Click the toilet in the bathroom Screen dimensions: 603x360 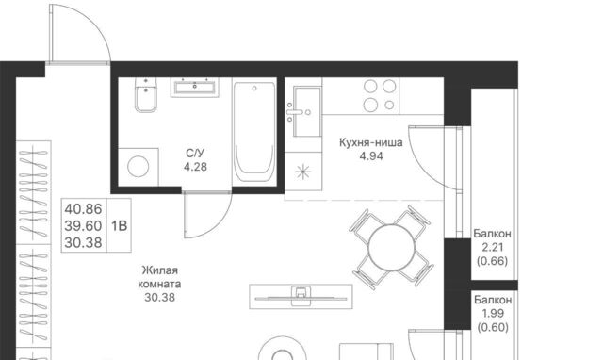[146, 94]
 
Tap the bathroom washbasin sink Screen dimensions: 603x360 [195, 87]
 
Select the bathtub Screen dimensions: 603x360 [254, 132]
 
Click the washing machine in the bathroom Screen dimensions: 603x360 [139, 167]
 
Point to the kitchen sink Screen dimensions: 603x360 [307, 111]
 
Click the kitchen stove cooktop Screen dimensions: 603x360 [380, 96]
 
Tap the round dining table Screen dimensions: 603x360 [392, 248]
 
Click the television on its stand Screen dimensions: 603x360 [301, 297]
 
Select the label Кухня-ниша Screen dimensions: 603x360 [371, 142]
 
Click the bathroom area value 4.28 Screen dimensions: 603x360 [195, 167]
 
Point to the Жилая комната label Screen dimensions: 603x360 [159, 277]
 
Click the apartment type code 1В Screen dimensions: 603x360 [120, 226]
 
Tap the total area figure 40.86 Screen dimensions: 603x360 [83, 209]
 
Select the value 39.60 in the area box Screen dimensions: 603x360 [83, 226]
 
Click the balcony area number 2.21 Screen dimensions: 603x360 [493, 247]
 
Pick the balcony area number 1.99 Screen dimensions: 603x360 [493, 314]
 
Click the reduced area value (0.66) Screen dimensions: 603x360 [493, 261]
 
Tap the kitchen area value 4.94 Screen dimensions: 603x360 [371, 156]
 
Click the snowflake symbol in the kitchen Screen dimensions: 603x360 [303, 172]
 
